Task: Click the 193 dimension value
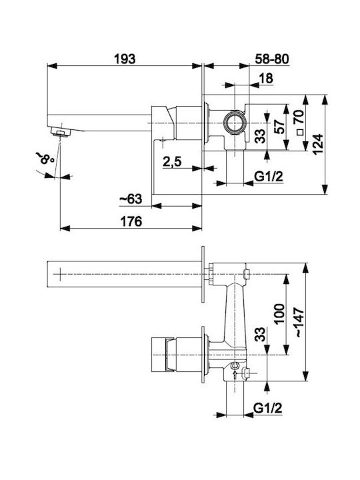point(125,59)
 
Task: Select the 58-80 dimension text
point(272,59)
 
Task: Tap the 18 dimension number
point(266,79)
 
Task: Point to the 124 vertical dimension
point(318,144)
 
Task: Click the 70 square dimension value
point(299,116)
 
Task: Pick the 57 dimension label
point(279,127)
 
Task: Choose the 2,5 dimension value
point(172,161)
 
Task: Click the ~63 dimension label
point(131,199)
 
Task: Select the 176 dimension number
point(131,221)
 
